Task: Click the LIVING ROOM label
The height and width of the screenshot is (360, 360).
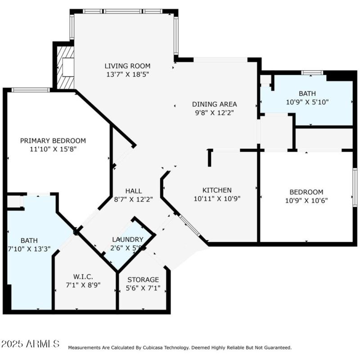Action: [127, 66]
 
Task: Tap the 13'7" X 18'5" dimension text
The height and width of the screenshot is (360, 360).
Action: [127, 74]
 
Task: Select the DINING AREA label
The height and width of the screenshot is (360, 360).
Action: [214, 104]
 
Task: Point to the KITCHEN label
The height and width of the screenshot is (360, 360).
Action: [217, 190]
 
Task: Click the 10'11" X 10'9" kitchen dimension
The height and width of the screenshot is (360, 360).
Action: [217, 198]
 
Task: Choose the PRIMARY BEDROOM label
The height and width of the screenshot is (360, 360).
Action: [53, 141]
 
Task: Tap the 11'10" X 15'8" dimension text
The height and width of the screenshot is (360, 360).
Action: [53, 149]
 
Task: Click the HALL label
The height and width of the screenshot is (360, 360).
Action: [134, 190]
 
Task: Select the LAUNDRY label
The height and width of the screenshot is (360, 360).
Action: [127, 239]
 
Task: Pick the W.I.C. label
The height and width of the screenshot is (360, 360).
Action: [83, 277]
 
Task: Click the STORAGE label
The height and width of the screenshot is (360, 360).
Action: [143, 280]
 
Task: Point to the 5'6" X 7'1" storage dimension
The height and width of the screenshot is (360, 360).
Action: [143, 288]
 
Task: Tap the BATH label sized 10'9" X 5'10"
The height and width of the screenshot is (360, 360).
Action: [307, 94]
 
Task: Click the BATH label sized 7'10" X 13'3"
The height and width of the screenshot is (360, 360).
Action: [29, 241]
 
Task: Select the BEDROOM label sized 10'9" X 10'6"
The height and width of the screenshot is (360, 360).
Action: [306, 191]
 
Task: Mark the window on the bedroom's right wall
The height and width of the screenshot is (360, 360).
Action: [355, 187]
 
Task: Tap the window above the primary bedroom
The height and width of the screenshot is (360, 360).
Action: [30, 90]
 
